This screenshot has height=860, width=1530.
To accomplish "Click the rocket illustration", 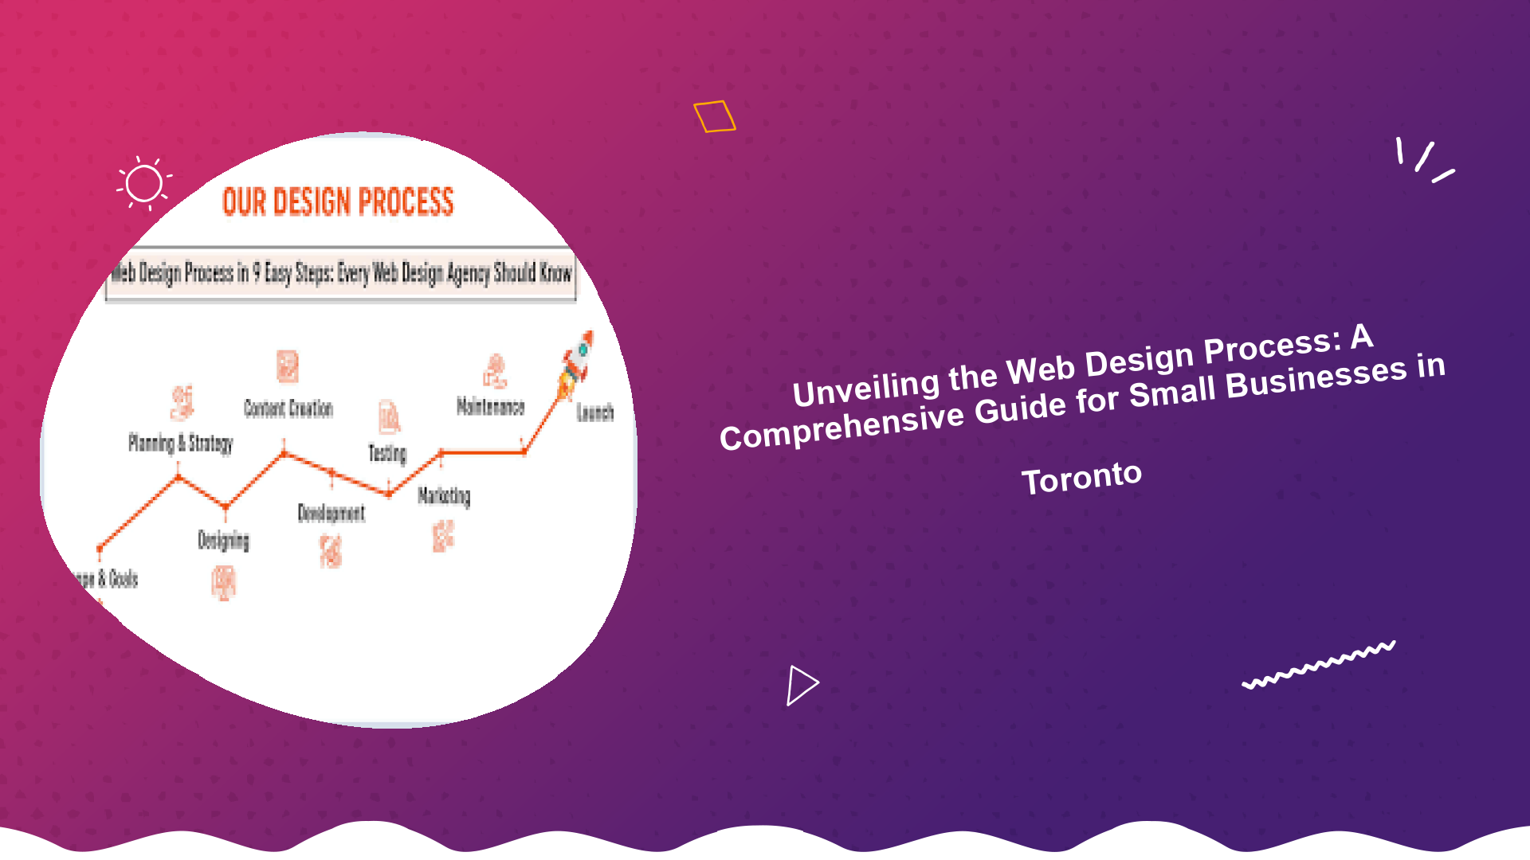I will pos(577,365).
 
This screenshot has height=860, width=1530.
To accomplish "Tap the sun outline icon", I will pos(144,184).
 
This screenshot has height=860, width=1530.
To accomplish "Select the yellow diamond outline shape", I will pos(714,116).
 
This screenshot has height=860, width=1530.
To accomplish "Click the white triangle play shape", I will pos(802,685).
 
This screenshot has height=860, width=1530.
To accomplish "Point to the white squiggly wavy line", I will pos(1319,664).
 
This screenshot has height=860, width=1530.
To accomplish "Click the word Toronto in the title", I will pos(1081,478).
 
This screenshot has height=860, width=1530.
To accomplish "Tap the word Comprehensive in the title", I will pos(841,428).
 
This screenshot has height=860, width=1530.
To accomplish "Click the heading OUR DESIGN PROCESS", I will pos(338,202).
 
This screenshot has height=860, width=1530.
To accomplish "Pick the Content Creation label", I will pos(288,408).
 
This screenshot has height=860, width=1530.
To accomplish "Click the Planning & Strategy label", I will pos(180,443).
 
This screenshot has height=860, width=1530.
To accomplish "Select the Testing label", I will pos(387,453).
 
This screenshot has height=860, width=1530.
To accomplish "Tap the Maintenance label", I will pos(490,407).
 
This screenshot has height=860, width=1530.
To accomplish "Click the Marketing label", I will pos(444,496).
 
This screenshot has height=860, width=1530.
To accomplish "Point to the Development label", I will pos(331,513).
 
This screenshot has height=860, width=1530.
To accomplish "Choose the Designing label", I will pos(223,541).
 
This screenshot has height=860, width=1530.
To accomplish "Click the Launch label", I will pos(595,412).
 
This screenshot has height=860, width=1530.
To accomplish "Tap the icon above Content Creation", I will pos(288,366).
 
